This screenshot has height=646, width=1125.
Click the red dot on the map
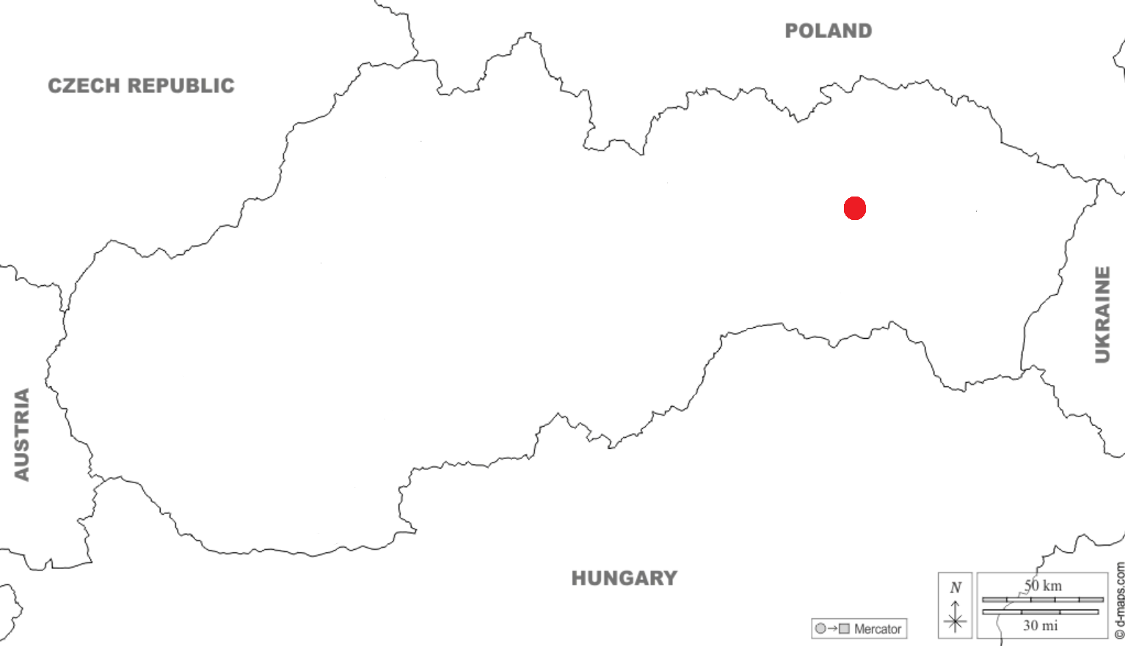click(x=855, y=208)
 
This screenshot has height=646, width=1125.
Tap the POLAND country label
click(x=829, y=31)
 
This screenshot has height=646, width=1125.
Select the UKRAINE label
click(x=1102, y=315)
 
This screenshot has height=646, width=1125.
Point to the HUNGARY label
click(x=625, y=579)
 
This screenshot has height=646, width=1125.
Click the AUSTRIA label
click(x=22, y=434)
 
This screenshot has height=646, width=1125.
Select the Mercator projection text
click(x=878, y=629)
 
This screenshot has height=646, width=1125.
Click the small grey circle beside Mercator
click(x=820, y=628)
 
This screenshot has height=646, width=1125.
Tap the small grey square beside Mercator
click(x=845, y=628)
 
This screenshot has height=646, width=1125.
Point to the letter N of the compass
click(x=955, y=587)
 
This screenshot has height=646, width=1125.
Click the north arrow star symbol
click(x=955, y=623)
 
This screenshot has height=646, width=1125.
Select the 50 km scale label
click(x=1043, y=586)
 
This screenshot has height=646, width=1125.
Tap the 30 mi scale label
click(x=1041, y=625)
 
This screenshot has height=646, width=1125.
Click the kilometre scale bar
click(x=1042, y=600)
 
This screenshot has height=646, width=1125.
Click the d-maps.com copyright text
click(x=1119, y=601)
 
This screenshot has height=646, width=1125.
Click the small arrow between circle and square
click(x=832, y=628)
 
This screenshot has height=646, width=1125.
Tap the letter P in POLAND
click(x=792, y=31)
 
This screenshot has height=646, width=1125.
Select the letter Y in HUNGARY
click(x=669, y=579)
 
